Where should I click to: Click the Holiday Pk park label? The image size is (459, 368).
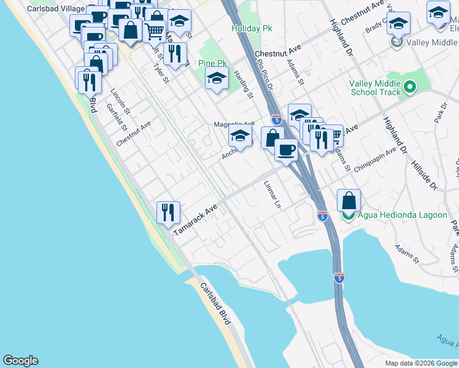251,28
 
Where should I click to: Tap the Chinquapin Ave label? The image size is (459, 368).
376,160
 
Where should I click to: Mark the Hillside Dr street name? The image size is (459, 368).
423,166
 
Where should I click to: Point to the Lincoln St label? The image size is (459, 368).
120,102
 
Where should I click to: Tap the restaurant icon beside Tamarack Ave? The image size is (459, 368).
168,212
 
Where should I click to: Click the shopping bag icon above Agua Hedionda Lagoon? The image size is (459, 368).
349,201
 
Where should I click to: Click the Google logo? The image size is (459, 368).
20,361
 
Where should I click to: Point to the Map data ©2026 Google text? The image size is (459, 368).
420,363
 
